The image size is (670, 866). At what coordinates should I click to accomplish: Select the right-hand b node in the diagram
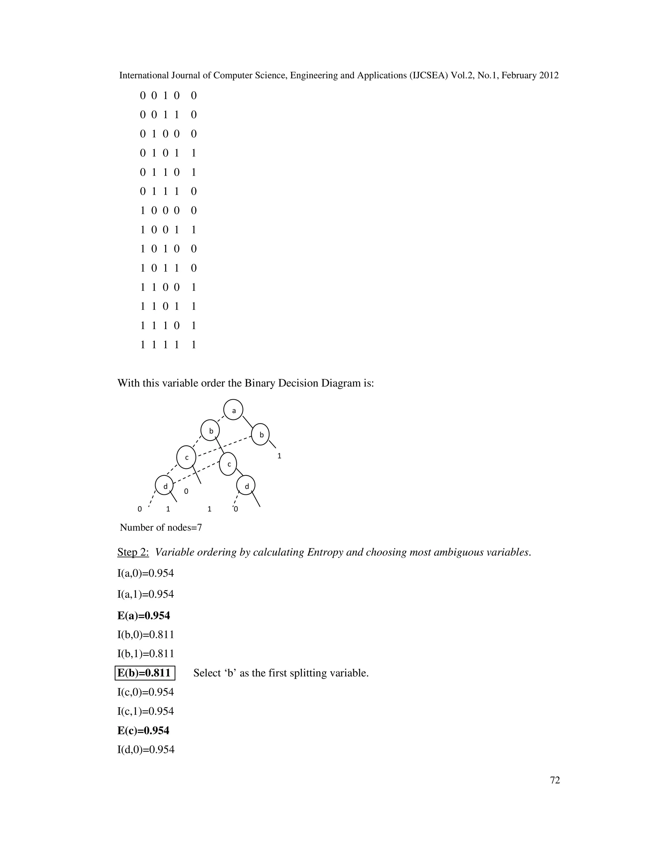click(261, 434)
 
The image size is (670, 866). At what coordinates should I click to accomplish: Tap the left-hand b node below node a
click(211, 431)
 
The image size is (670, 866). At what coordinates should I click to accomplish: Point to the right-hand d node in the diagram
click(246, 485)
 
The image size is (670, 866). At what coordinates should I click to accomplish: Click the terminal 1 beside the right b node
click(279, 456)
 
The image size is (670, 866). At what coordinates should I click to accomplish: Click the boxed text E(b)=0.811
click(145, 673)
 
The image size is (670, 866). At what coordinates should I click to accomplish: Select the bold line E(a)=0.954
click(144, 615)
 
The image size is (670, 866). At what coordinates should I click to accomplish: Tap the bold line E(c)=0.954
click(143, 730)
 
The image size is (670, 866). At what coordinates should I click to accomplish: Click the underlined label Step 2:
click(133, 552)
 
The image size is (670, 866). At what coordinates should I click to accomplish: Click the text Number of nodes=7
click(161, 527)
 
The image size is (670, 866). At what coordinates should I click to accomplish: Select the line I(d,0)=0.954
click(146, 749)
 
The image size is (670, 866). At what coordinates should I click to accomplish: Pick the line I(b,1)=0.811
click(146, 654)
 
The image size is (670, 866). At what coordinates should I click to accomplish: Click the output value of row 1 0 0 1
click(194, 230)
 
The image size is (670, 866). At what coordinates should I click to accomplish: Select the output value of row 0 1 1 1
click(194, 192)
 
